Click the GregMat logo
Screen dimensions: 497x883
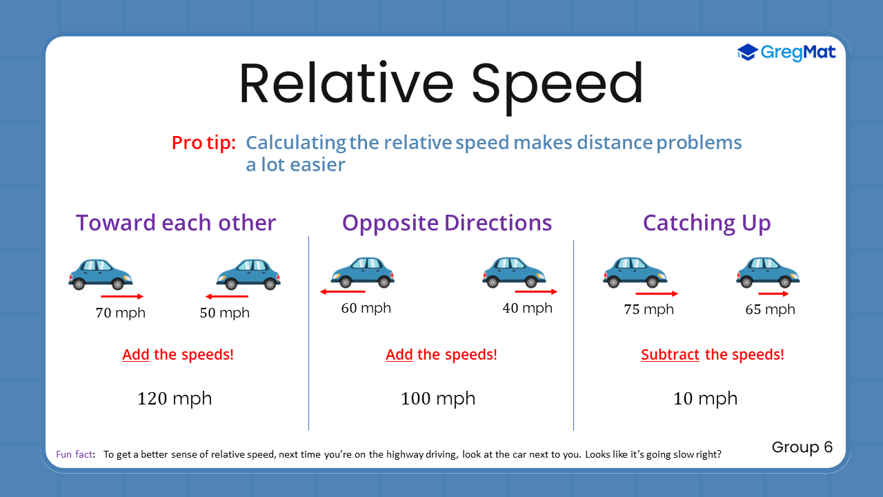tap(786, 52)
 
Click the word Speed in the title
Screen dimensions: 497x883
tap(557, 84)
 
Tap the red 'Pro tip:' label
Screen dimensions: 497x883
tap(204, 143)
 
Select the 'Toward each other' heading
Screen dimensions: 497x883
tap(176, 223)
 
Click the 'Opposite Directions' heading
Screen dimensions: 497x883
tap(447, 223)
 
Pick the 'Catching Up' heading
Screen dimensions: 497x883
tap(706, 223)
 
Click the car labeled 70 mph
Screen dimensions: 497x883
tap(100, 273)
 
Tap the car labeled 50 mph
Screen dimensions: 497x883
tap(248, 273)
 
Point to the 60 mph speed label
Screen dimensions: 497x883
tap(366, 308)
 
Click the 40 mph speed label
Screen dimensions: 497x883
tap(527, 308)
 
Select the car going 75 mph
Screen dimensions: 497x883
tap(635, 271)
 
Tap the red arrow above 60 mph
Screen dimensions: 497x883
tap(342, 292)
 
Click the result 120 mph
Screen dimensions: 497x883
tap(175, 398)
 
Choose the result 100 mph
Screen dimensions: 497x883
tap(438, 398)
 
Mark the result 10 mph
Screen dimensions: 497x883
tap(705, 398)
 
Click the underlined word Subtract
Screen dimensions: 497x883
tap(670, 355)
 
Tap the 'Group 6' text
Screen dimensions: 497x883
tap(802, 447)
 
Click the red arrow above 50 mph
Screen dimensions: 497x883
tap(226, 296)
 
